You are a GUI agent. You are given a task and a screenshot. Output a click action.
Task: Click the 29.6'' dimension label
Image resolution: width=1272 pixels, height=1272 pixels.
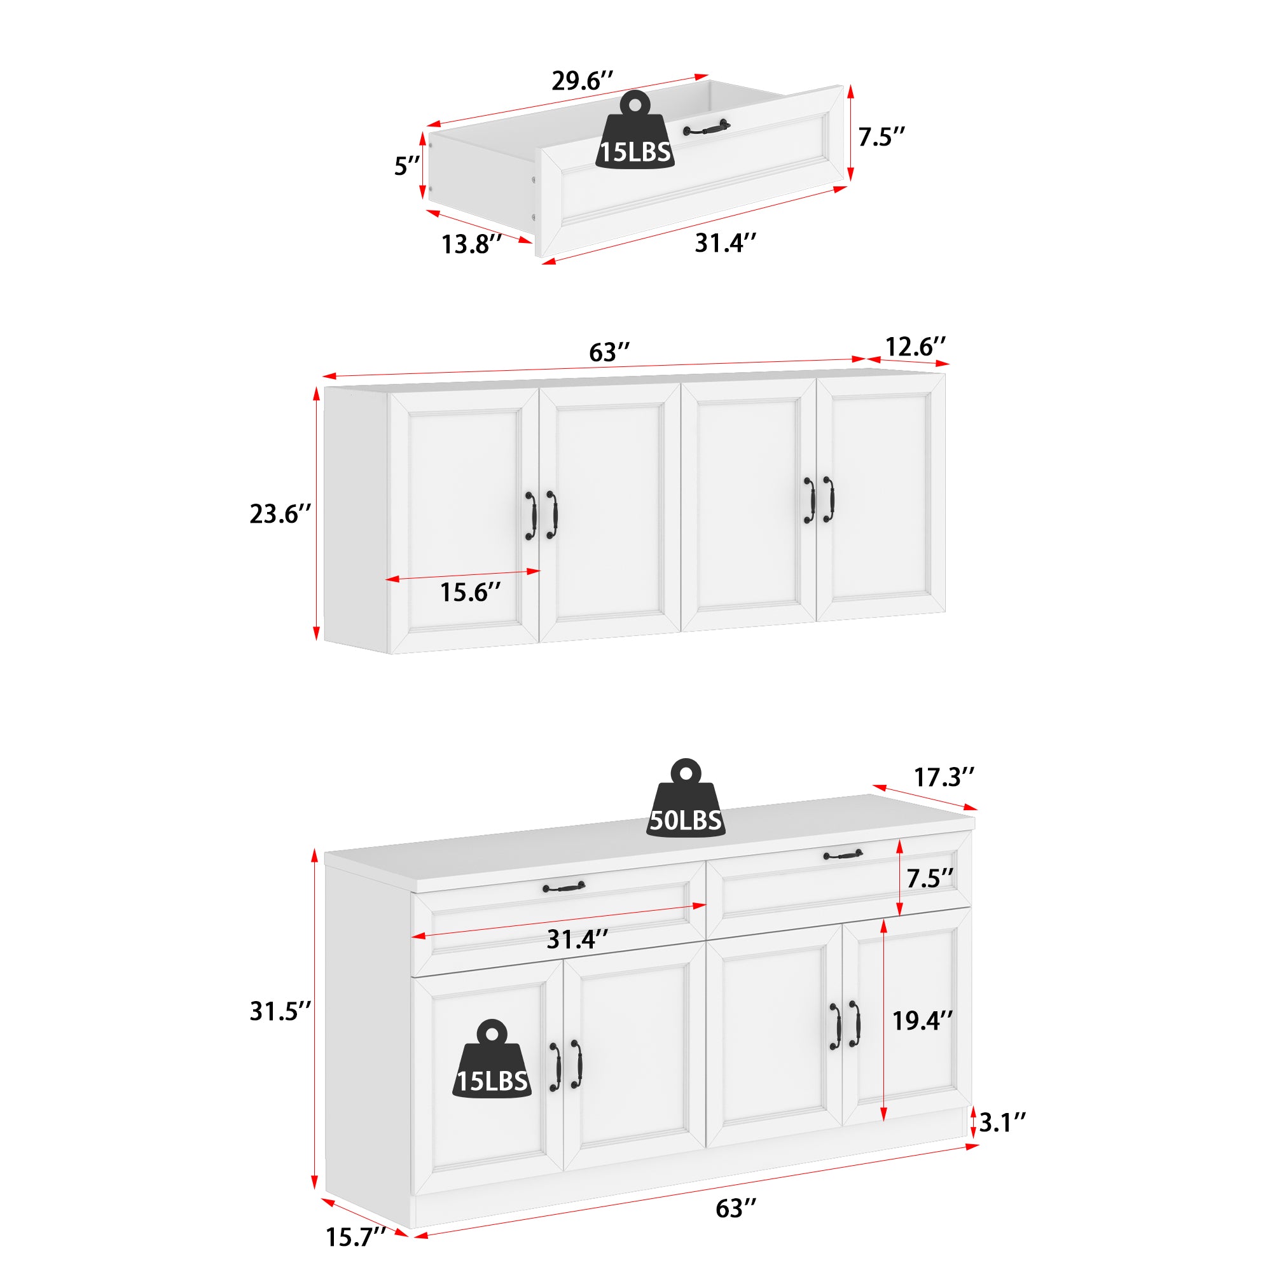(582, 81)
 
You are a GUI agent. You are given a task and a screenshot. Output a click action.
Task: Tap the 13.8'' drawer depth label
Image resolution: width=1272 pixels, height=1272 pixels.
(471, 244)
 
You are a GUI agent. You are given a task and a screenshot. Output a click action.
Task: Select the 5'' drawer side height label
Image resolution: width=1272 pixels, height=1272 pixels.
(407, 166)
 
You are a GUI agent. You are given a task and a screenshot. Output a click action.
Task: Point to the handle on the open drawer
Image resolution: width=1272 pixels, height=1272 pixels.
(707, 128)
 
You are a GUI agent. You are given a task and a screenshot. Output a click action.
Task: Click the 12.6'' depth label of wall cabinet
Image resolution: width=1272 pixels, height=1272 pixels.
(915, 347)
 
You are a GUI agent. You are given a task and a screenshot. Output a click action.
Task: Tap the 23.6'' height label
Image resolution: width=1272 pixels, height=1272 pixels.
(279, 514)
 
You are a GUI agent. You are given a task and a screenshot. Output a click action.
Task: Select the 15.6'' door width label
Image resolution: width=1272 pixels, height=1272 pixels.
(470, 593)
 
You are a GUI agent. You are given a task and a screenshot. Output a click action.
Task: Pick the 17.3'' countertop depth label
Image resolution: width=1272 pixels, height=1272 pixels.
(943, 778)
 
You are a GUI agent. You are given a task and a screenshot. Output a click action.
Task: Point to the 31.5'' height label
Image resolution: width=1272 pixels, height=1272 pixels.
(279, 1011)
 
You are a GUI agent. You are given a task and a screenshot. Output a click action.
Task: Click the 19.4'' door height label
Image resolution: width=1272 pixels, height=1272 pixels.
(922, 1021)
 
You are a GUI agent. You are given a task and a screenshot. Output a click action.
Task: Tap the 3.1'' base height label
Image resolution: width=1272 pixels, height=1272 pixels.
(1002, 1123)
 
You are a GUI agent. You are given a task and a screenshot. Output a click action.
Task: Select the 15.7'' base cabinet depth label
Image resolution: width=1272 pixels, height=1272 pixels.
(356, 1237)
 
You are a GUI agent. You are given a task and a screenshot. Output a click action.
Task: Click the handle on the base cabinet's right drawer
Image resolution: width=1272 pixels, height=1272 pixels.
(843, 855)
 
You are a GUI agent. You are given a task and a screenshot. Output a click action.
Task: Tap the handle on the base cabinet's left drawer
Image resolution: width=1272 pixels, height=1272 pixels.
(563, 888)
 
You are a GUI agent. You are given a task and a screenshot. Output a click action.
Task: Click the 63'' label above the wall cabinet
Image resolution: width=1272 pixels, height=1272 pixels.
(609, 353)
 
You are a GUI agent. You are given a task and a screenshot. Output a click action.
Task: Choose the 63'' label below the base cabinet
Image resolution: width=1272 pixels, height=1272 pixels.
(735, 1209)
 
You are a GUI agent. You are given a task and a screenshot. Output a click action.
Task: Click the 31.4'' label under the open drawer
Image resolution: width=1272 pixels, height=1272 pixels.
(725, 244)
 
